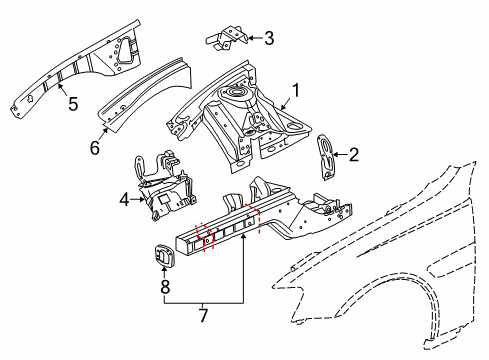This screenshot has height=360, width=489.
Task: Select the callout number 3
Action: click(269, 38)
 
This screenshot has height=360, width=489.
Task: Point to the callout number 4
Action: click(125, 199)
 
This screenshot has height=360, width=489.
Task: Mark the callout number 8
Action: click(166, 286)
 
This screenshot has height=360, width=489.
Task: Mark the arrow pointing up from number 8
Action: click(166, 272)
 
